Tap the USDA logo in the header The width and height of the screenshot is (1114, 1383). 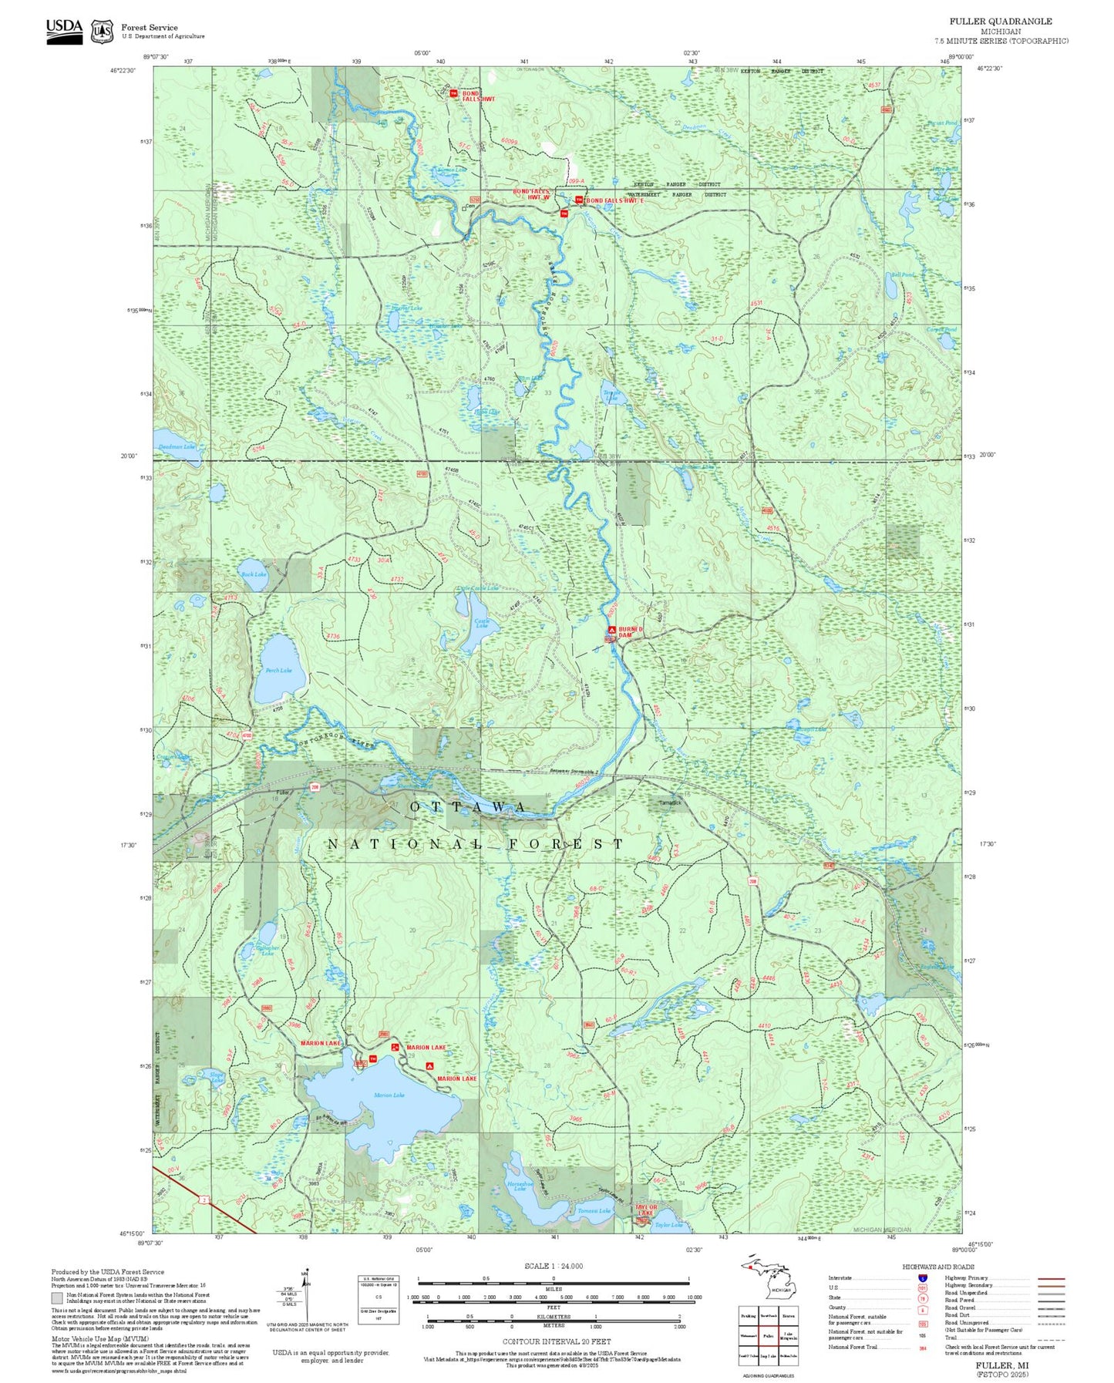point(64,31)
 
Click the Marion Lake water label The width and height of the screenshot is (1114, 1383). point(389,1095)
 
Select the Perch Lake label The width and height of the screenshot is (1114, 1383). point(278,670)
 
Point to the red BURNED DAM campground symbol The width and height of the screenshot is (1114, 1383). point(611,630)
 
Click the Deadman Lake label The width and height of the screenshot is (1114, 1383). point(177,446)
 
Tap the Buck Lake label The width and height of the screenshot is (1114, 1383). point(254,574)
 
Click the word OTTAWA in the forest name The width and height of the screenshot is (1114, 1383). point(469,806)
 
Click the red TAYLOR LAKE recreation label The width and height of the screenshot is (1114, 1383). point(646,1210)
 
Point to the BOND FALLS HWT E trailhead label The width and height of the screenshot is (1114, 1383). point(614,200)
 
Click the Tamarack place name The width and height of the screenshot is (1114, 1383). point(670,803)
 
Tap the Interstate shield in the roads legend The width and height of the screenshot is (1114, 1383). point(922,1277)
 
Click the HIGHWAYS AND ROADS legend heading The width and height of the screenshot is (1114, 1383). point(938,1267)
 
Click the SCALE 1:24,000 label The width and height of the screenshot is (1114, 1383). point(553,1266)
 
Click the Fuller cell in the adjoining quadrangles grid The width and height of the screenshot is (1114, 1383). point(768,1335)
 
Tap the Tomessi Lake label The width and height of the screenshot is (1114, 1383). point(594,1211)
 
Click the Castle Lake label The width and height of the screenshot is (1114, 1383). point(482,623)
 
